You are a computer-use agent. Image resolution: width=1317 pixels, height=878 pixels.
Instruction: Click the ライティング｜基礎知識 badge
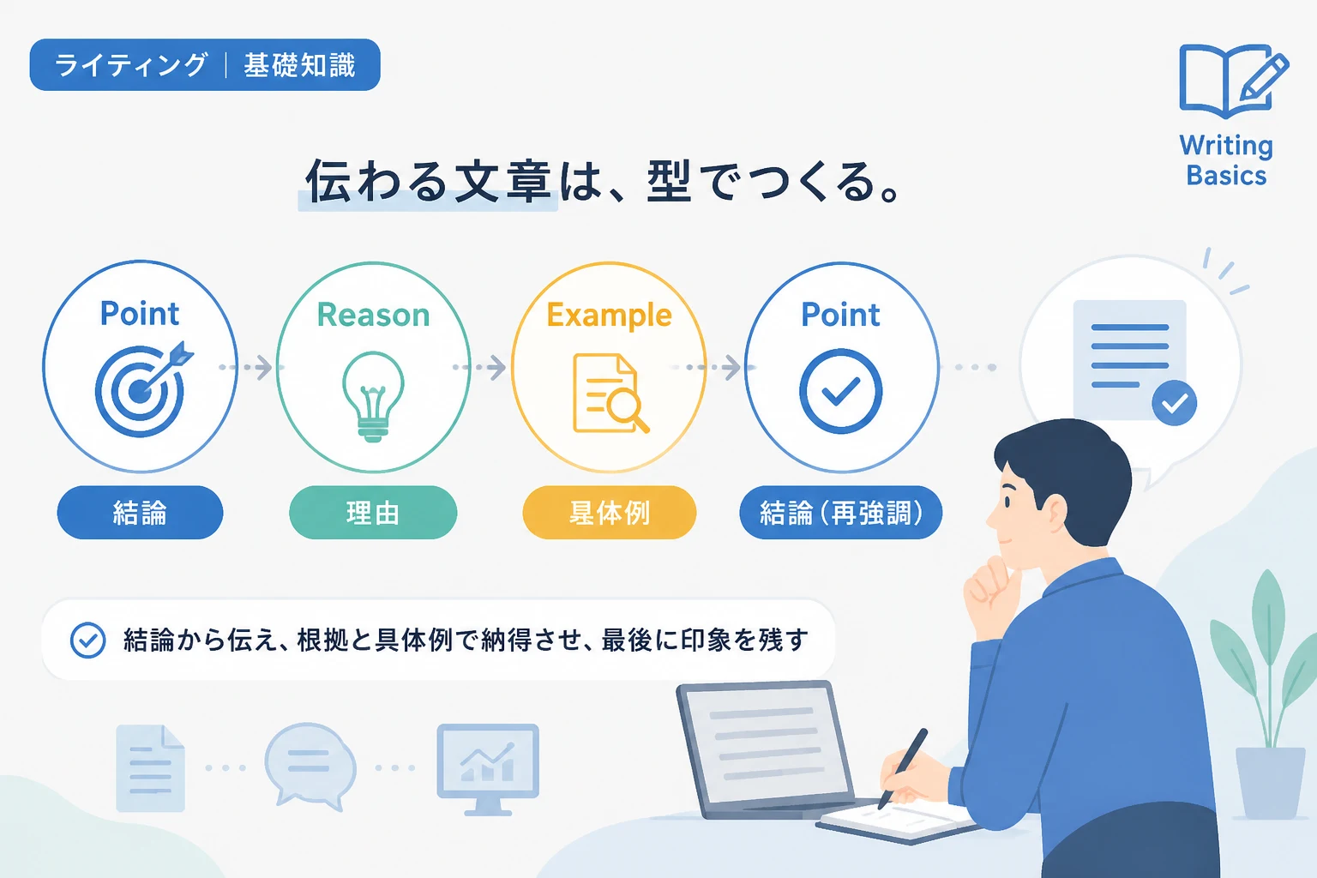(x=205, y=64)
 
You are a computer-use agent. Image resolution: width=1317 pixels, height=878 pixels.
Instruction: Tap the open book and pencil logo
(x=1234, y=81)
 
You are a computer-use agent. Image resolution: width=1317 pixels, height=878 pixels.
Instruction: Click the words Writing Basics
(x=1226, y=160)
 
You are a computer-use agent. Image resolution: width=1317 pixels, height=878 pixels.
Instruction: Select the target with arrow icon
(x=143, y=388)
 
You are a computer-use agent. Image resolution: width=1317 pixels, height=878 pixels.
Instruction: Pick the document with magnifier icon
(x=610, y=393)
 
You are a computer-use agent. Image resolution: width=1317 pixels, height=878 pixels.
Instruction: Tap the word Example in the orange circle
(x=609, y=315)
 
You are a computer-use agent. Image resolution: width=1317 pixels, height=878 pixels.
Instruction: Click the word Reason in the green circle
(x=373, y=315)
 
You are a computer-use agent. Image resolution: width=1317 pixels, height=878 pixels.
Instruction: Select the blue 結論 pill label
(x=140, y=512)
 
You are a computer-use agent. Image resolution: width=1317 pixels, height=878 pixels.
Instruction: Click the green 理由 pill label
(x=373, y=512)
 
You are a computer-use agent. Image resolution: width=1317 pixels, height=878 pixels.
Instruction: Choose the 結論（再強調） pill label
(x=841, y=512)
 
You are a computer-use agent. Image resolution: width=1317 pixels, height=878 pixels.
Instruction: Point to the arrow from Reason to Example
(x=479, y=367)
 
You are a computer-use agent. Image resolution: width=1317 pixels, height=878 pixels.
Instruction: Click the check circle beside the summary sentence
(x=87, y=640)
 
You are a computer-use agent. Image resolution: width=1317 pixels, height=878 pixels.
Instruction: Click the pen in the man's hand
(x=902, y=768)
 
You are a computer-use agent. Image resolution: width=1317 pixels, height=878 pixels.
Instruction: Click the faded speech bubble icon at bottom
(x=310, y=767)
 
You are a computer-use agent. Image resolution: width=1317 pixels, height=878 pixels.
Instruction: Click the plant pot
(x=1270, y=783)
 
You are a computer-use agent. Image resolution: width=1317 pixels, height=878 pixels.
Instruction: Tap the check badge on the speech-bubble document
(x=1174, y=403)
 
